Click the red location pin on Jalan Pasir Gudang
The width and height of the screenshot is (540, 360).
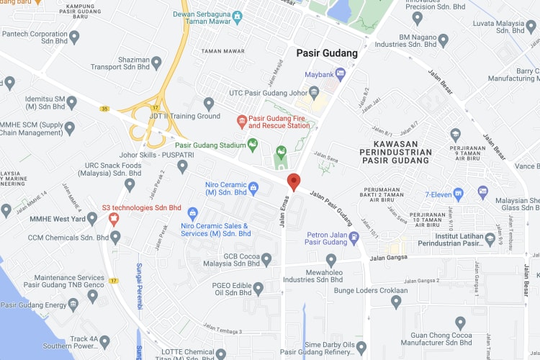tap(293, 181)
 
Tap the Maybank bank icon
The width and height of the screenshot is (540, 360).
tap(341, 73)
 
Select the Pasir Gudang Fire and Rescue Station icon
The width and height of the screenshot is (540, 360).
tap(242, 120)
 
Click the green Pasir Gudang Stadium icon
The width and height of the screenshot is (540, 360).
tap(253, 145)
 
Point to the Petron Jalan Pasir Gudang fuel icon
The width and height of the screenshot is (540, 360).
tap(354, 237)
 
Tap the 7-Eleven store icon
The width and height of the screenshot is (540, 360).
tap(483, 192)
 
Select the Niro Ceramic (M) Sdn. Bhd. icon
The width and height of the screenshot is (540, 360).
tap(253, 188)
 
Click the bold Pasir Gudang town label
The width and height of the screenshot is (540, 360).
tap(327, 53)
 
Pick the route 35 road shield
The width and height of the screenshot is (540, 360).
tap(104, 109)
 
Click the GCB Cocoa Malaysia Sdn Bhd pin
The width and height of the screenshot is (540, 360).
tap(266, 258)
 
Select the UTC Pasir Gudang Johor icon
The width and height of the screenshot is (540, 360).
tap(314, 92)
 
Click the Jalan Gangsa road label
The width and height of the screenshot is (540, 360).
tap(389, 258)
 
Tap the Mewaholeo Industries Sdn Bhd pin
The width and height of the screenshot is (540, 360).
tap(331, 259)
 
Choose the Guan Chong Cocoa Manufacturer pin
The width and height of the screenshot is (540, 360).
tap(461, 323)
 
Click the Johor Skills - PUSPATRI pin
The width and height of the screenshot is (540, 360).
tap(182, 166)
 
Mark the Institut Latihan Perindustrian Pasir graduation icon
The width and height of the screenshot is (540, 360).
tap(490, 238)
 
